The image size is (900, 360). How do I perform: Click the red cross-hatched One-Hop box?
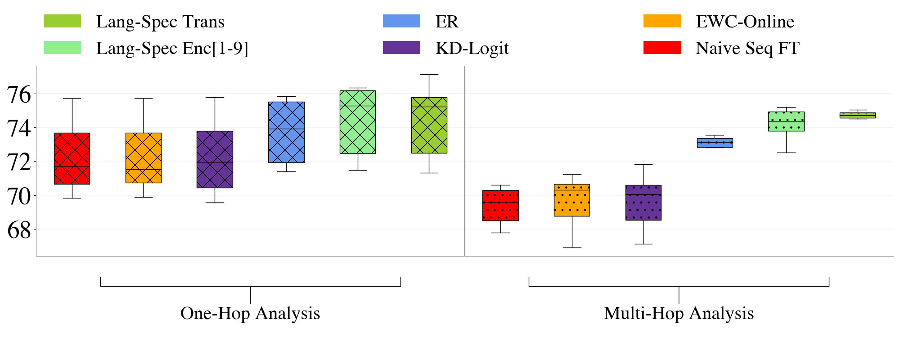(x=72, y=158)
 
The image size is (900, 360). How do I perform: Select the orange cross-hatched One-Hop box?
(x=143, y=157)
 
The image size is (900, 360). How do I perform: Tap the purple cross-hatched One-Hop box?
(x=215, y=159)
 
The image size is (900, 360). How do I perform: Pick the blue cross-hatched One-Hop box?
(x=286, y=132)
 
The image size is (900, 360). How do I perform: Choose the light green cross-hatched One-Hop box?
(x=358, y=122)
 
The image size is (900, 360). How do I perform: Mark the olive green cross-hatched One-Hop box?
(x=429, y=125)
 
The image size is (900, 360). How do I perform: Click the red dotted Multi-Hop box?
(x=500, y=205)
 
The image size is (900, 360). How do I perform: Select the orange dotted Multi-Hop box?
(x=572, y=200)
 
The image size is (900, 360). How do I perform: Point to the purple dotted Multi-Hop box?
(x=643, y=202)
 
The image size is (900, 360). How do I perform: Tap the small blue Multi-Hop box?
(x=715, y=143)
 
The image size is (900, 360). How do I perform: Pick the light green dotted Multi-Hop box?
(x=786, y=121)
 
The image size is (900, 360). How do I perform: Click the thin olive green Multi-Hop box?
(x=858, y=115)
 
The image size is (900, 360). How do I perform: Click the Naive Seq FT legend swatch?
(x=662, y=47)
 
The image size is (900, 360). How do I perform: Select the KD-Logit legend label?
(x=472, y=48)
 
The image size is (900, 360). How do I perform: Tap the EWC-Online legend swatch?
(x=662, y=21)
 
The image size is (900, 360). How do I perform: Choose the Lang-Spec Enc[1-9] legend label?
(x=172, y=48)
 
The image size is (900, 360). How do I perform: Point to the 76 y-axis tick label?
(x=19, y=94)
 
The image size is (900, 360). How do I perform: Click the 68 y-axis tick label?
(x=19, y=230)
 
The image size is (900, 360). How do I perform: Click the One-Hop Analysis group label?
(x=250, y=313)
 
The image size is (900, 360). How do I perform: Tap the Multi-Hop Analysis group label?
(x=679, y=313)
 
